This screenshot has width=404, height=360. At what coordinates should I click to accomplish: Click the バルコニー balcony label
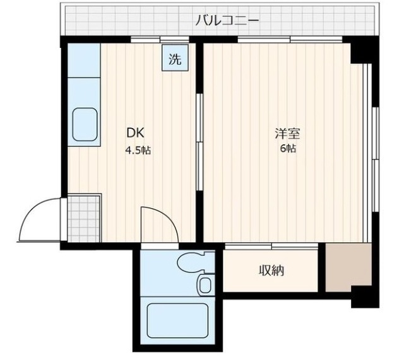click(227, 20)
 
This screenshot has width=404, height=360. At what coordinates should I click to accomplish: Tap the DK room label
click(134, 133)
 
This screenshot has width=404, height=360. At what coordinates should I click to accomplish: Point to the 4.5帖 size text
click(138, 150)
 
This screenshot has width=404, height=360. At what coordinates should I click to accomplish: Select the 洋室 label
click(287, 133)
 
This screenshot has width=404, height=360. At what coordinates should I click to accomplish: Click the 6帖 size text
click(288, 149)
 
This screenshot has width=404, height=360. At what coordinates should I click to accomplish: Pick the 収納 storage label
click(271, 270)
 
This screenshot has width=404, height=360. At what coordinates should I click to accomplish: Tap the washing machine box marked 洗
click(175, 58)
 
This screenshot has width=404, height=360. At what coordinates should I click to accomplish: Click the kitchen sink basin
click(85, 125)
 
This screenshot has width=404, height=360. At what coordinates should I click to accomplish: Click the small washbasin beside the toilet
click(205, 284)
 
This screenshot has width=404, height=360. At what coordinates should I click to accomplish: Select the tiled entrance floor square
click(84, 219)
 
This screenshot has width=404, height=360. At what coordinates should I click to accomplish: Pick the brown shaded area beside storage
click(348, 267)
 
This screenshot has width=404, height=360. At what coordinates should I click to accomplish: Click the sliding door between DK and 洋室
click(199, 142)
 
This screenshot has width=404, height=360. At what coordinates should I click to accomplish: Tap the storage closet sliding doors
click(271, 247)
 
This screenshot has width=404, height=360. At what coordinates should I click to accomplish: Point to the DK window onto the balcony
click(160, 39)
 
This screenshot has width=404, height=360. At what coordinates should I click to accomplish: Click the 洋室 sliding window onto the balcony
click(290, 39)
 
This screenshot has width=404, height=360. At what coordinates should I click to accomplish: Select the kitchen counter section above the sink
click(84, 61)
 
